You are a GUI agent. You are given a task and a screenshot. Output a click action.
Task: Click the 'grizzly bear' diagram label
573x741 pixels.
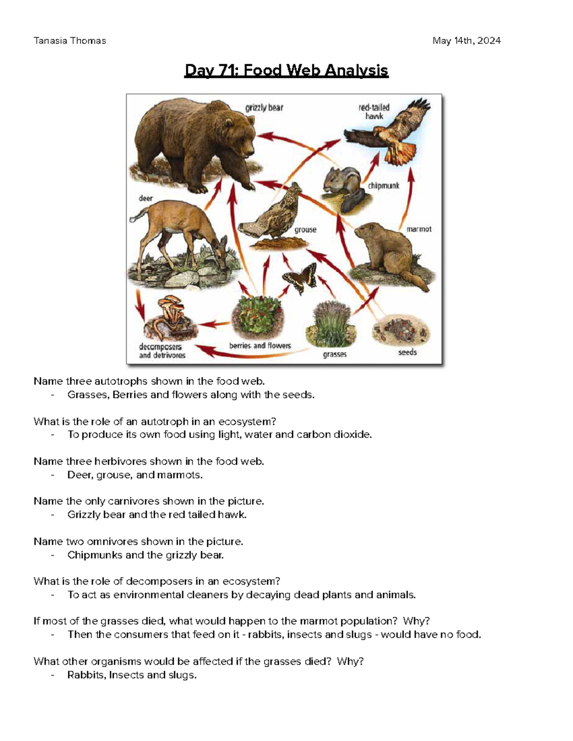tap(264, 108)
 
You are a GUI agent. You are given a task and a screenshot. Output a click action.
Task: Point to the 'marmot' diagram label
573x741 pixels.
tap(419, 229)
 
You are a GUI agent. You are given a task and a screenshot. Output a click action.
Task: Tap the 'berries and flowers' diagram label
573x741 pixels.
tap(260, 345)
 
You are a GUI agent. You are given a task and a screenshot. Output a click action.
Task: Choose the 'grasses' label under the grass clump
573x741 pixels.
tap(335, 355)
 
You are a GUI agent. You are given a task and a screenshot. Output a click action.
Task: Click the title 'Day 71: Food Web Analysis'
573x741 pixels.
tap(286, 71)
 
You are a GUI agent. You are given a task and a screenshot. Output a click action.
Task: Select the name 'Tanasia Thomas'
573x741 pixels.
tap(70, 41)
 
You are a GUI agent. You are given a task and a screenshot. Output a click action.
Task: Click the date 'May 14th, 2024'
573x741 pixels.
tap(467, 41)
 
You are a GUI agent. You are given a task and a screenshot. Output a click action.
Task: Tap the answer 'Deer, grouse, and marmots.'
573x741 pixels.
tap(135, 475)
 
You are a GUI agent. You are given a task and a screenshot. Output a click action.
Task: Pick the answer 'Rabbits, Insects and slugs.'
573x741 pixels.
tap(132, 675)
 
